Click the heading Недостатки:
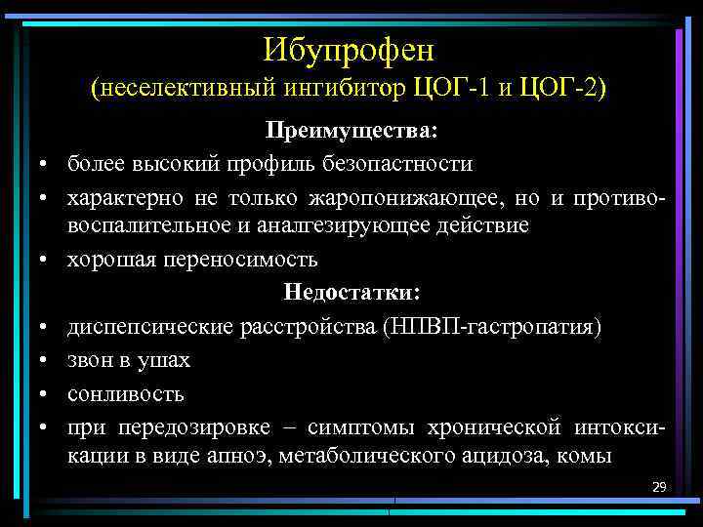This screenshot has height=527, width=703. tap(351, 293)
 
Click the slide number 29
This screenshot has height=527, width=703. tap(658, 486)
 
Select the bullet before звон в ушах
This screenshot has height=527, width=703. tap(46, 361)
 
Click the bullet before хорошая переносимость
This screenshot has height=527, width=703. tap(46, 261)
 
